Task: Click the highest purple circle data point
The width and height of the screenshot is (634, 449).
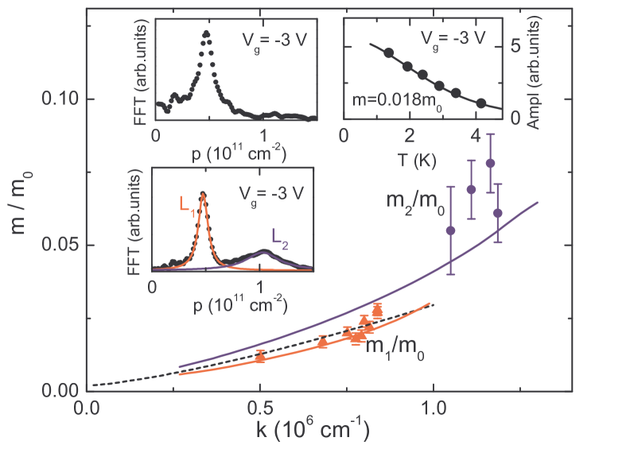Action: point(490,162)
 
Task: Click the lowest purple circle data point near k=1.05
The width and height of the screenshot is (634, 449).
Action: point(451,230)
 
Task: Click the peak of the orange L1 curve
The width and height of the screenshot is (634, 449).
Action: point(203,193)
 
